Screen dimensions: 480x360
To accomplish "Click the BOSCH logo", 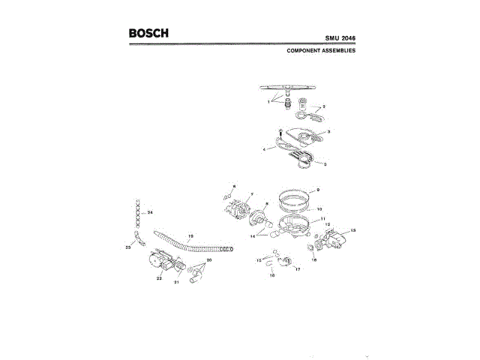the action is click(x=148, y=34).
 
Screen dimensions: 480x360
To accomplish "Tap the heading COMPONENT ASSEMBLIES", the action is click(x=321, y=52).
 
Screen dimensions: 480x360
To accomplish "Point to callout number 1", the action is click(x=269, y=101).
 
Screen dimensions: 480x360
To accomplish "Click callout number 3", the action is click(x=329, y=131).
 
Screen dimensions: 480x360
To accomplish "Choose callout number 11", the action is click(x=323, y=218).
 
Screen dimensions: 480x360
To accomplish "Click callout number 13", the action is click(x=353, y=229).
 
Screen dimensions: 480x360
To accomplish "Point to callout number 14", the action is click(x=253, y=235).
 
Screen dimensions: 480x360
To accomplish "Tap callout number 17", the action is click(x=298, y=269).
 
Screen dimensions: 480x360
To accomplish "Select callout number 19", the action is click(x=190, y=235).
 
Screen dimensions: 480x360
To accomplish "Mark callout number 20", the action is click(x=209, y=259).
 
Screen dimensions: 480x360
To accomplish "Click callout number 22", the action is click(x=159, y=278).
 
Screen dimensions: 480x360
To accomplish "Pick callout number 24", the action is click(x=150, y=213).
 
